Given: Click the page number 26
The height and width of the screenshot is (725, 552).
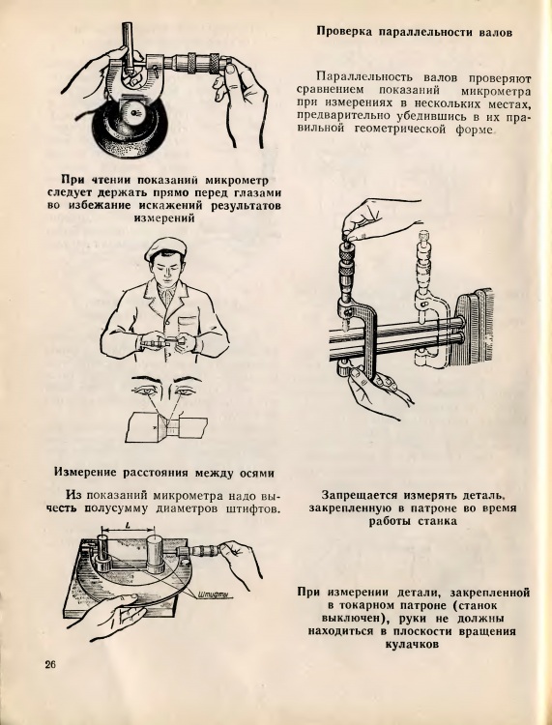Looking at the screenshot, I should [51, 665].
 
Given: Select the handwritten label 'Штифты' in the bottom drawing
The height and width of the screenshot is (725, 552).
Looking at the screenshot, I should [213, 594].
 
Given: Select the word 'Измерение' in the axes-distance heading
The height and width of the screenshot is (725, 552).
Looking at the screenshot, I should [87, 473].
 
